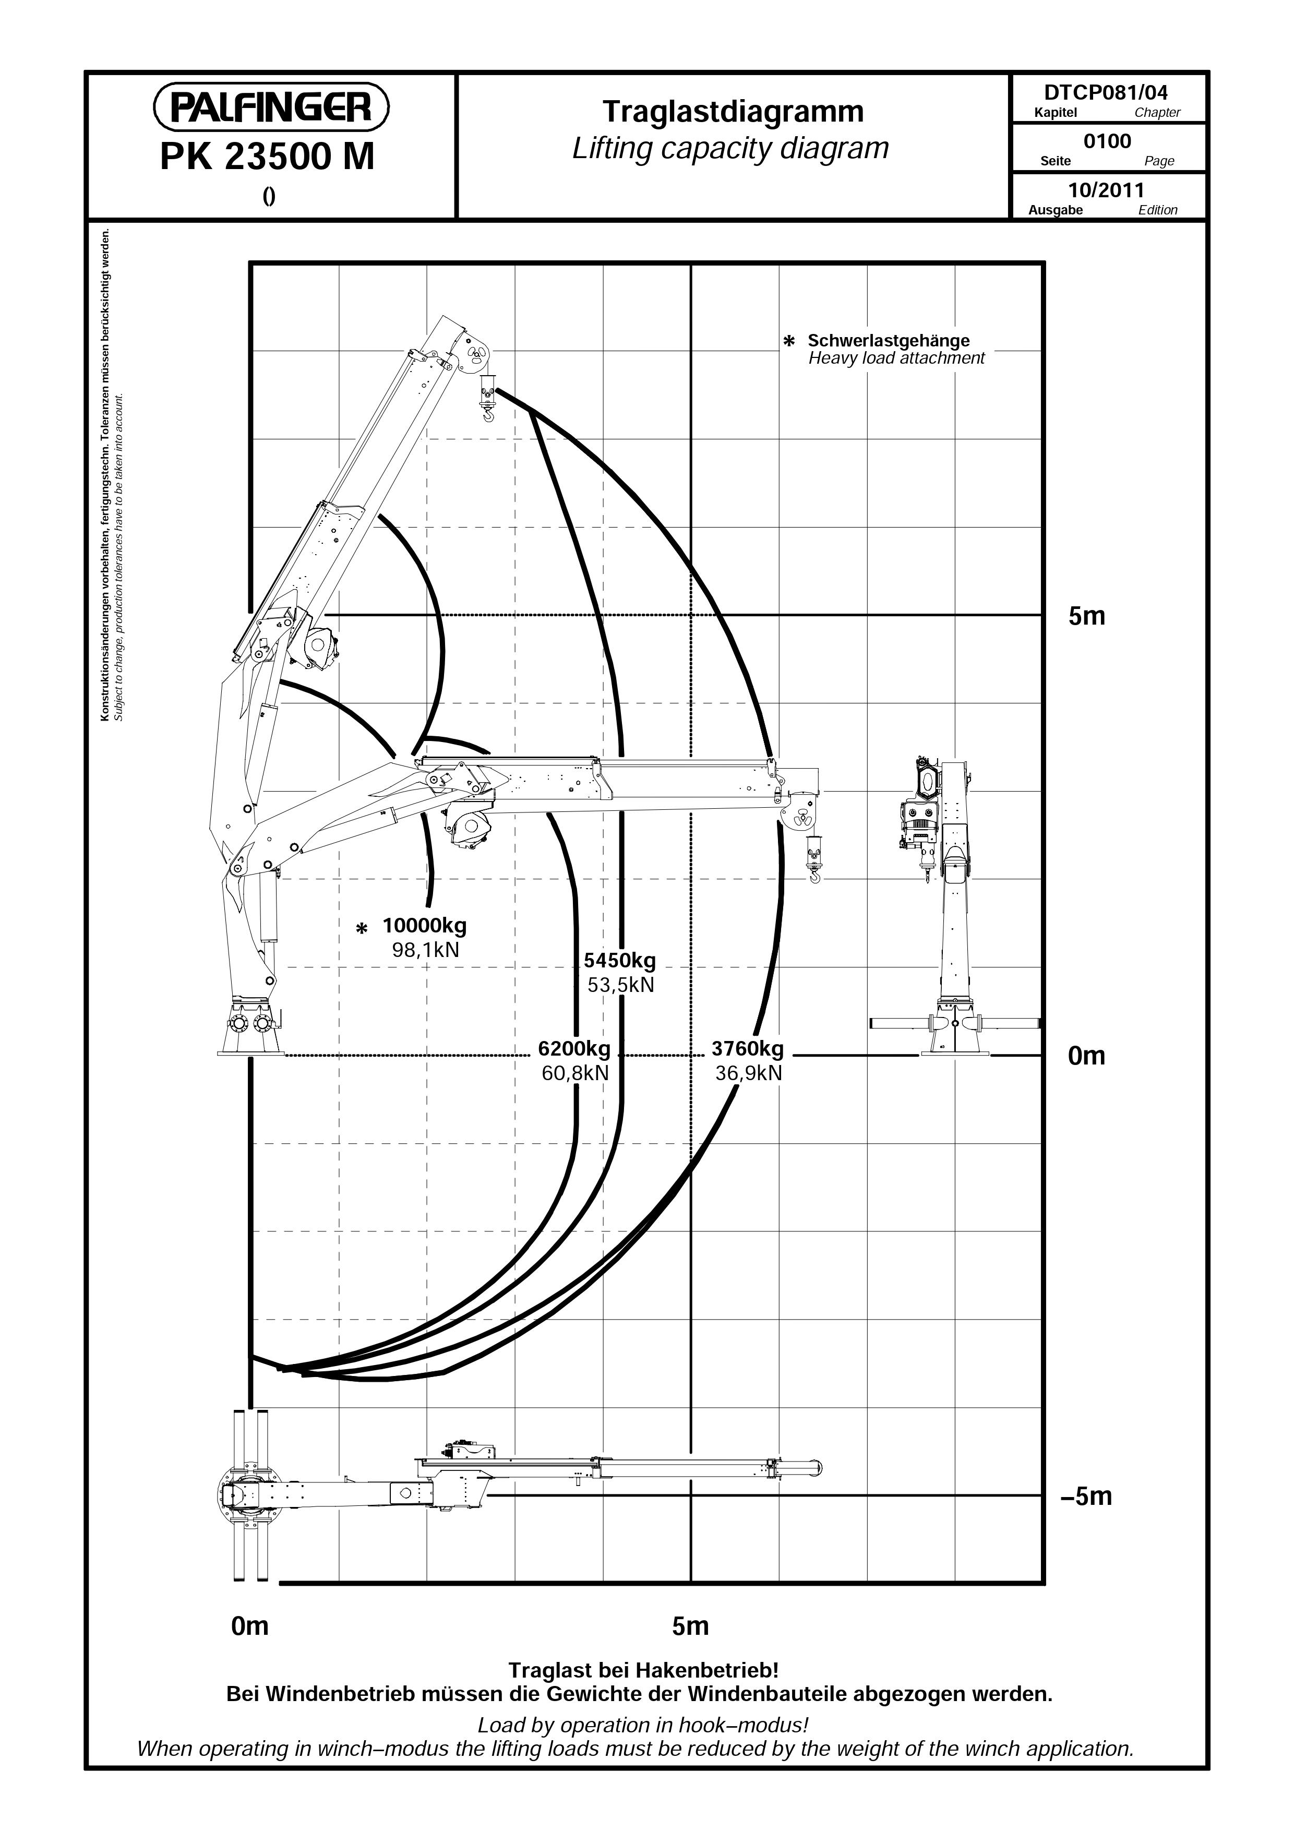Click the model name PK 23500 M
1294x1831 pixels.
pos(267,157)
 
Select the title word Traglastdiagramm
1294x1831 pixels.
pos(733,112)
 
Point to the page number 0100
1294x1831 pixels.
pos(1107,141)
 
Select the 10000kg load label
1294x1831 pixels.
pos(424,926)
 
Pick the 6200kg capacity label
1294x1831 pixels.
pos(574,1048)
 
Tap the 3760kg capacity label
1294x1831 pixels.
pos(748,1048)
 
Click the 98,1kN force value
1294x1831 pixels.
pos(426,950)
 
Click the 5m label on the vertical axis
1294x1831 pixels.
pos(1087,616)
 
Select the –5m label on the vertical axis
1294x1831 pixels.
pos(1086,1496)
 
